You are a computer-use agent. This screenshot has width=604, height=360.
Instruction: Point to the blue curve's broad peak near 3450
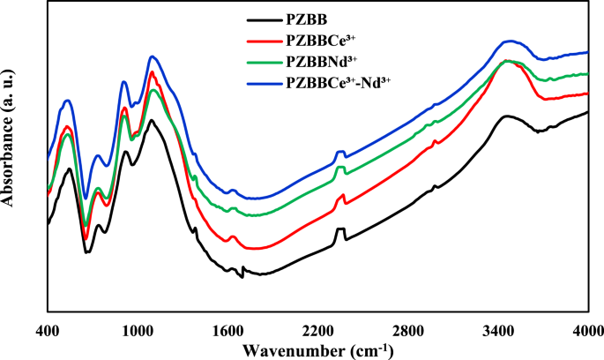tap(509, 41)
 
